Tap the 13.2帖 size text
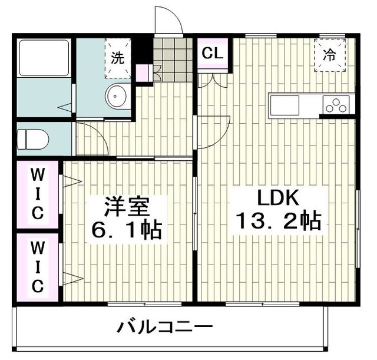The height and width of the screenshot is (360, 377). (x=277, y=222)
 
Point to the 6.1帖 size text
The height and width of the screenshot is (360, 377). (x=126, y=230)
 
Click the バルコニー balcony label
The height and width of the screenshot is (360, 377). (x=164, y=327)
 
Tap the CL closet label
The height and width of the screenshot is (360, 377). (x=212, y=54)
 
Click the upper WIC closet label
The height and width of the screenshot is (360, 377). (x=37, y=193)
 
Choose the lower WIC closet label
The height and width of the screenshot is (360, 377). (x=37, y=268)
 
